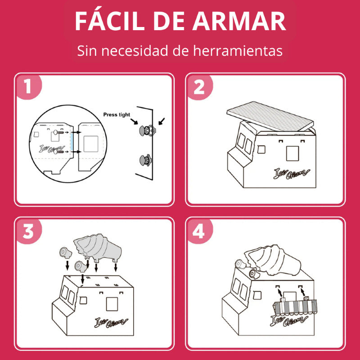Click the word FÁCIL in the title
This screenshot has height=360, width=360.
click(110, 21)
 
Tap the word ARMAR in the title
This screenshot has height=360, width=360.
click(239, 21)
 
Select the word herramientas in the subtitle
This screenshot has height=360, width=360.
click(238, 50)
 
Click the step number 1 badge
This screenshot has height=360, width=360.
click(28, 86)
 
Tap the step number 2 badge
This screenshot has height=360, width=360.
click(199, 87)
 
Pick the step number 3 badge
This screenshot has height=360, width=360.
click(28, 231)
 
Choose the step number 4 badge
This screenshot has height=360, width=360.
click(199, 231)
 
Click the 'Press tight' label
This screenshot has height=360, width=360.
click(117, 114)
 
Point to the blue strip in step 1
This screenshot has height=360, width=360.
click(72, 142)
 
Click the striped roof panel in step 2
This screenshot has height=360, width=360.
click(270, 117)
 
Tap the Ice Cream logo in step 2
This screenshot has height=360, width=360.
click(291, 174)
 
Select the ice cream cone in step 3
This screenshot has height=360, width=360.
click(98, 248)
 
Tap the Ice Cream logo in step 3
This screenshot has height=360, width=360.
click(111, 322)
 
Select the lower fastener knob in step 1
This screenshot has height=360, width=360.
click(145, 160)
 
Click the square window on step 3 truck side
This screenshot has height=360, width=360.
click(112, 304)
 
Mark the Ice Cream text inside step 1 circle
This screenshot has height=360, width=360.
click(52, 149)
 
